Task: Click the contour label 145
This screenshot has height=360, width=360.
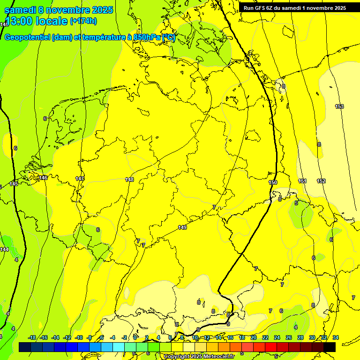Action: coord(14,184)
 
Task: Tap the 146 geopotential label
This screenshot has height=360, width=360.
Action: coord(44,178)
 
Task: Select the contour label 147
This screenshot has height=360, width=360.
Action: coord(80,179)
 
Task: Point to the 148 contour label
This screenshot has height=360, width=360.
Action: coord(130,180)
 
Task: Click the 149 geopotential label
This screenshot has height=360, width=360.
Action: coord(182,227)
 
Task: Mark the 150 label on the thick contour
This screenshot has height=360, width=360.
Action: coord(273,182)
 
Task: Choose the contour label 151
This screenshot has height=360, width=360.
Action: coord(302,181)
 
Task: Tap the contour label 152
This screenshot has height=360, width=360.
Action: coord(321,181)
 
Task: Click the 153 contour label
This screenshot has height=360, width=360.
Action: coord(339,106)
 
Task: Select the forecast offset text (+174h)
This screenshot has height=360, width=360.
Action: coord(83,21)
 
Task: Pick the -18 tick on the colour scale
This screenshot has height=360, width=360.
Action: coord(32,337)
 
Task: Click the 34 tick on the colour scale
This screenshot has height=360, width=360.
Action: coord(336,337)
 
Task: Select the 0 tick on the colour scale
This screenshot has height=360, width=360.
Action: coord(135,337)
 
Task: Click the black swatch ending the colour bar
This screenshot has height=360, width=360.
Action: coord(330,347)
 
